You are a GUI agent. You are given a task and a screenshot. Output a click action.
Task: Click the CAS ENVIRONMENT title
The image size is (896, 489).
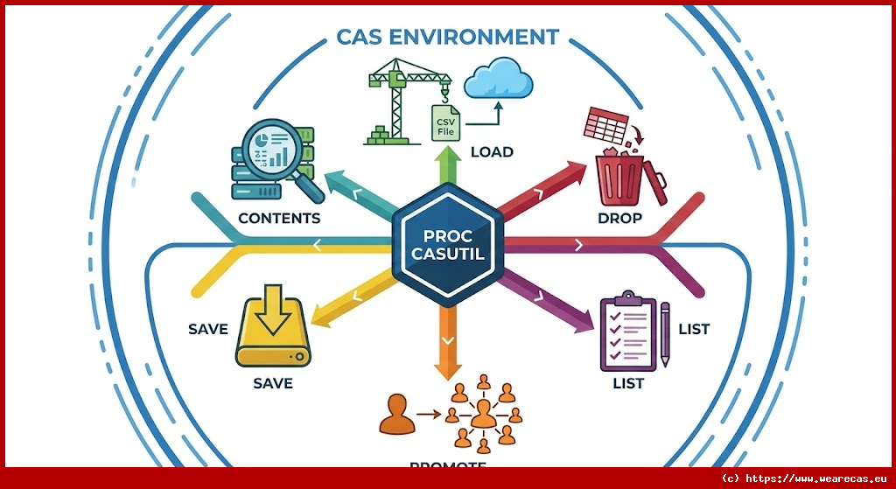tap(447, 37)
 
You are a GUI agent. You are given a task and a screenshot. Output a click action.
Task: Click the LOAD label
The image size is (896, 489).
tap(492, 151)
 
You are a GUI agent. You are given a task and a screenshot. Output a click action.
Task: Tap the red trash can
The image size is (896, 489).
tap(623, 178)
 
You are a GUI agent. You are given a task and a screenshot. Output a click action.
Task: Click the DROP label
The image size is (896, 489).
tap(619, 218)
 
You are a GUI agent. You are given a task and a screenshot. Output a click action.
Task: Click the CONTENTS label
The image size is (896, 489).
tap(278, 218)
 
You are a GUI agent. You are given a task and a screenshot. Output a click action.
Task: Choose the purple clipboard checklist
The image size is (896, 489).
tap(626, 334)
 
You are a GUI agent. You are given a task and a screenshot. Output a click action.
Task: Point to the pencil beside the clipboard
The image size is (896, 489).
tap(665, 334)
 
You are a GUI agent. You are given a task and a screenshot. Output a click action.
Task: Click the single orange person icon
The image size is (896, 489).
tap(395, 415)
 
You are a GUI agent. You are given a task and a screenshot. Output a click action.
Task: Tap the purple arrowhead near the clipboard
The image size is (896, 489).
tap(581, 323)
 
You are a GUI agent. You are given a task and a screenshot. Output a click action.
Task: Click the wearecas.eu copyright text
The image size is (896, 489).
tap(805, 479)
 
